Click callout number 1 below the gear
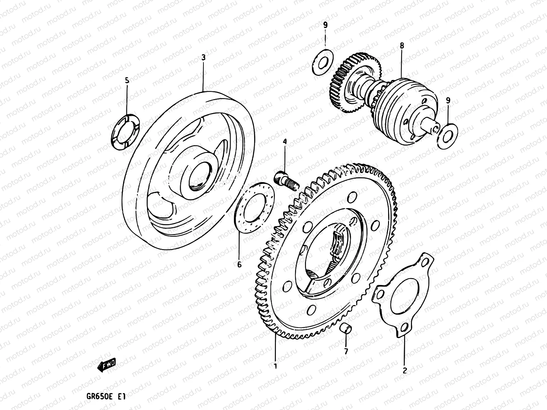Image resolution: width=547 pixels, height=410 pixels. [275, 366]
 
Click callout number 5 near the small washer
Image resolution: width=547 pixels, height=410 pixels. [127, 81]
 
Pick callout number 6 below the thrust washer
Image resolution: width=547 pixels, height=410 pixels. [239, 264]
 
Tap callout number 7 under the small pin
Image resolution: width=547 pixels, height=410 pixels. [346, 351]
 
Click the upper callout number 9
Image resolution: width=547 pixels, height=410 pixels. [325, 25]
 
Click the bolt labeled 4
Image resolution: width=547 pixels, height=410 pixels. [286, 180]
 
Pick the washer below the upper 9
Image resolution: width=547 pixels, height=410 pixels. [323, 62]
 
